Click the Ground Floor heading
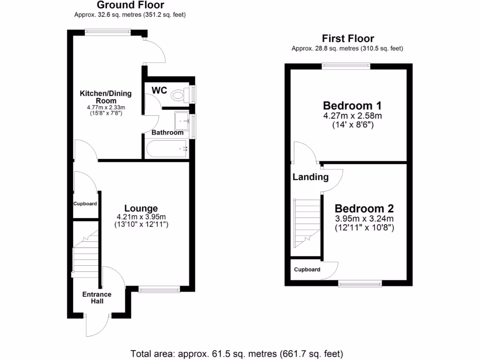point(130,5)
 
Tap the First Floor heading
point(348,38)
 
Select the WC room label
point(159,90)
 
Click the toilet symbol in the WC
point(178,95)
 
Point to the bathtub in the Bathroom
point(166,150)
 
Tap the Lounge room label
point(141,209)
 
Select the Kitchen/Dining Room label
point(105,97)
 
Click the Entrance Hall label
point(97,298)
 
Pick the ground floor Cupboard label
point(85,204)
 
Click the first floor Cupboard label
point(307,270)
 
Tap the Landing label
point(310,177)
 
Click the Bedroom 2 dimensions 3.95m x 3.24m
point(364,219)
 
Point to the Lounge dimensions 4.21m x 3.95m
point(141,217)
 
